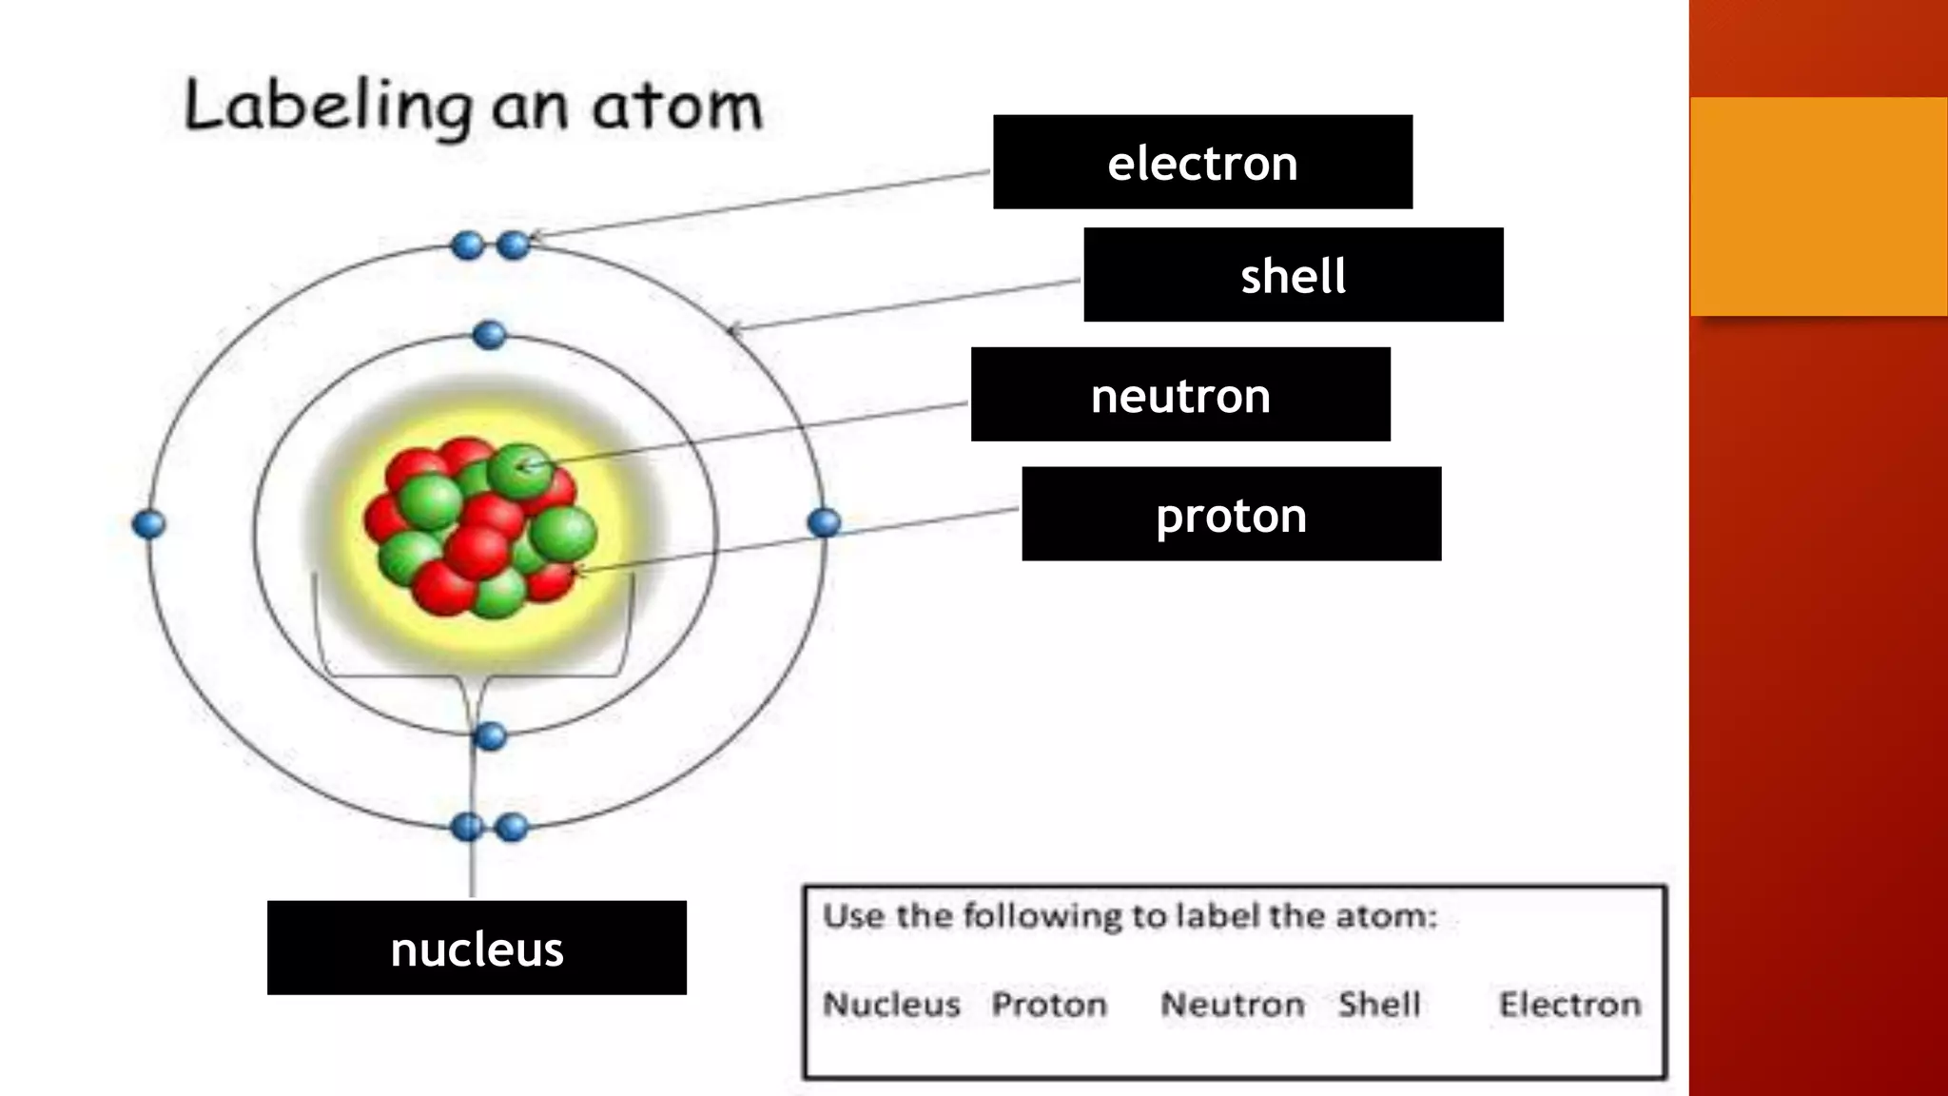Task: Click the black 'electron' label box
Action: (x=1202, y=163)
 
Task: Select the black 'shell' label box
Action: (x=1293, y=275)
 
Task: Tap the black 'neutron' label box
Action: (x=1179, y=395)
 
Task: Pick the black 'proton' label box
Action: (x=1231, y=515)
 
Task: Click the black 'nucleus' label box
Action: (x=477, y=949)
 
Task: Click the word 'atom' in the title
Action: (x=676, y=107)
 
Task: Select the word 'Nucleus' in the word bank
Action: (x=891, y=1005)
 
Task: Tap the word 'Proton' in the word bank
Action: (x=1049, y=1005)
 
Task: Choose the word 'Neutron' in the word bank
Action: (x=1233, y=1005)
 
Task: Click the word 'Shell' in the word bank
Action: (x=1379, y=1005)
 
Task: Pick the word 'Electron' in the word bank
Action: (x=1570, y=1005)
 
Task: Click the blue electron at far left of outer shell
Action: (x=148, y=524)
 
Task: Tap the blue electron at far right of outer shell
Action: (x=824, y=522)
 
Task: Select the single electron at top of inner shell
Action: (x=489, y=335)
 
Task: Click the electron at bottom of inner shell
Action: (x=490, y=736)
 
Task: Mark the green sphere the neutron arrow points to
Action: (x=519, y=468)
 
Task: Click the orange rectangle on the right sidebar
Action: (x=1818, y=206)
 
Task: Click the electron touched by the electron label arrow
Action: (x=513, y=245)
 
